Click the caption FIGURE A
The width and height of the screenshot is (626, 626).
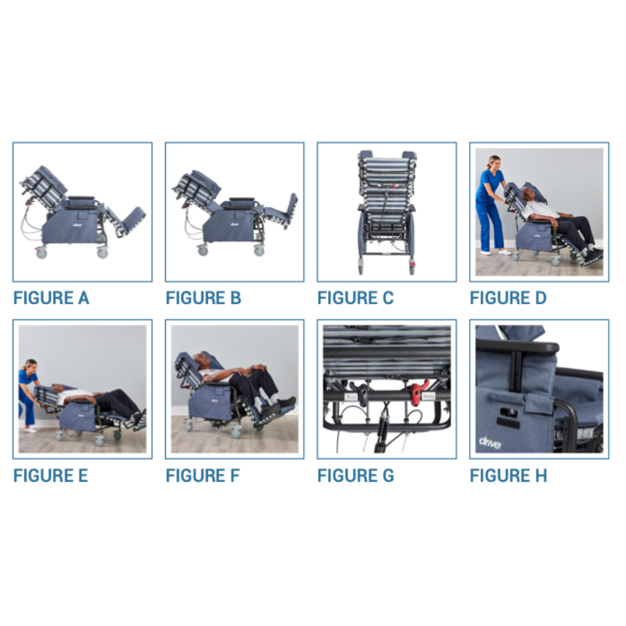coord(51,298)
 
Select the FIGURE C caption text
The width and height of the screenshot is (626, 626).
coord(355,298)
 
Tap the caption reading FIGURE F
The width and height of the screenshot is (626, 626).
coord(202,475)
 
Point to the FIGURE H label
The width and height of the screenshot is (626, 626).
coord(508,475)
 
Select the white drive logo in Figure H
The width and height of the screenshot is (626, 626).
coord(490,442)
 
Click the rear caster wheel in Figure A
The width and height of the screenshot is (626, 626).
coord(42,253)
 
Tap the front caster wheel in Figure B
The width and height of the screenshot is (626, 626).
coord(259,250)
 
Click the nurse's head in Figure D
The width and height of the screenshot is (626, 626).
coord(493,162)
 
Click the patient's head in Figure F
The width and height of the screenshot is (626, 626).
coord(202,361)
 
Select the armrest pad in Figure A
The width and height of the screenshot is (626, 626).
coord(81,199)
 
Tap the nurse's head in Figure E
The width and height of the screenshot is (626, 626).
coord(30,366)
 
